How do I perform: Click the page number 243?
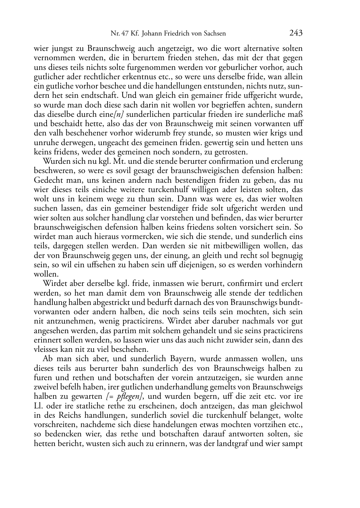tap(296, 33)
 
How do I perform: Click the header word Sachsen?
tap(215, 34)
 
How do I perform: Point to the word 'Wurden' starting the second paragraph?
tap(53, 161)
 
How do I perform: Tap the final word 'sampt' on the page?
tap(293, 444)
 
